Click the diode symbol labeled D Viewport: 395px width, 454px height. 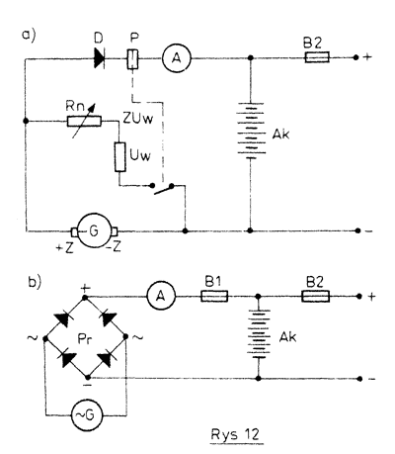click(100, 59)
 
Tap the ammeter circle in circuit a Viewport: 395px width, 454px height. click(177, 58)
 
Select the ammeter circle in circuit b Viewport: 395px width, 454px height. click(161, 297)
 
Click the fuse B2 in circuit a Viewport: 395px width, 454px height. click(317, 57)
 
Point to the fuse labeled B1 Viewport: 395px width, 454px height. click(214, 297)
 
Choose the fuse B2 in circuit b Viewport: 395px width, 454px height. click(315, 297)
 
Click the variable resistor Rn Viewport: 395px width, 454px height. click(84, 122)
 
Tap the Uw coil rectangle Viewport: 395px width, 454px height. click(120, 157)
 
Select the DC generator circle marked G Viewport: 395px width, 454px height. click(95, 231)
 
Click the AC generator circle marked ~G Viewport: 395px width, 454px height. click(87, 414)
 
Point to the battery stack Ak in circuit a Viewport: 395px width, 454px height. click(250, 131)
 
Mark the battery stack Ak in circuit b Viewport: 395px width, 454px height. click(259, 334)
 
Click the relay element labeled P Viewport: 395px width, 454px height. click(132, 59)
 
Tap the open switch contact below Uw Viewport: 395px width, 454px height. click(163, 189)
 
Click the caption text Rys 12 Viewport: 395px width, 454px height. click(235, 434)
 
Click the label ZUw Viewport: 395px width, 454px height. click(138, 119)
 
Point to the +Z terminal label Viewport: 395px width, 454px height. click(64, 247)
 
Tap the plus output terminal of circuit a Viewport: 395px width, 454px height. click(355, 57)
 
